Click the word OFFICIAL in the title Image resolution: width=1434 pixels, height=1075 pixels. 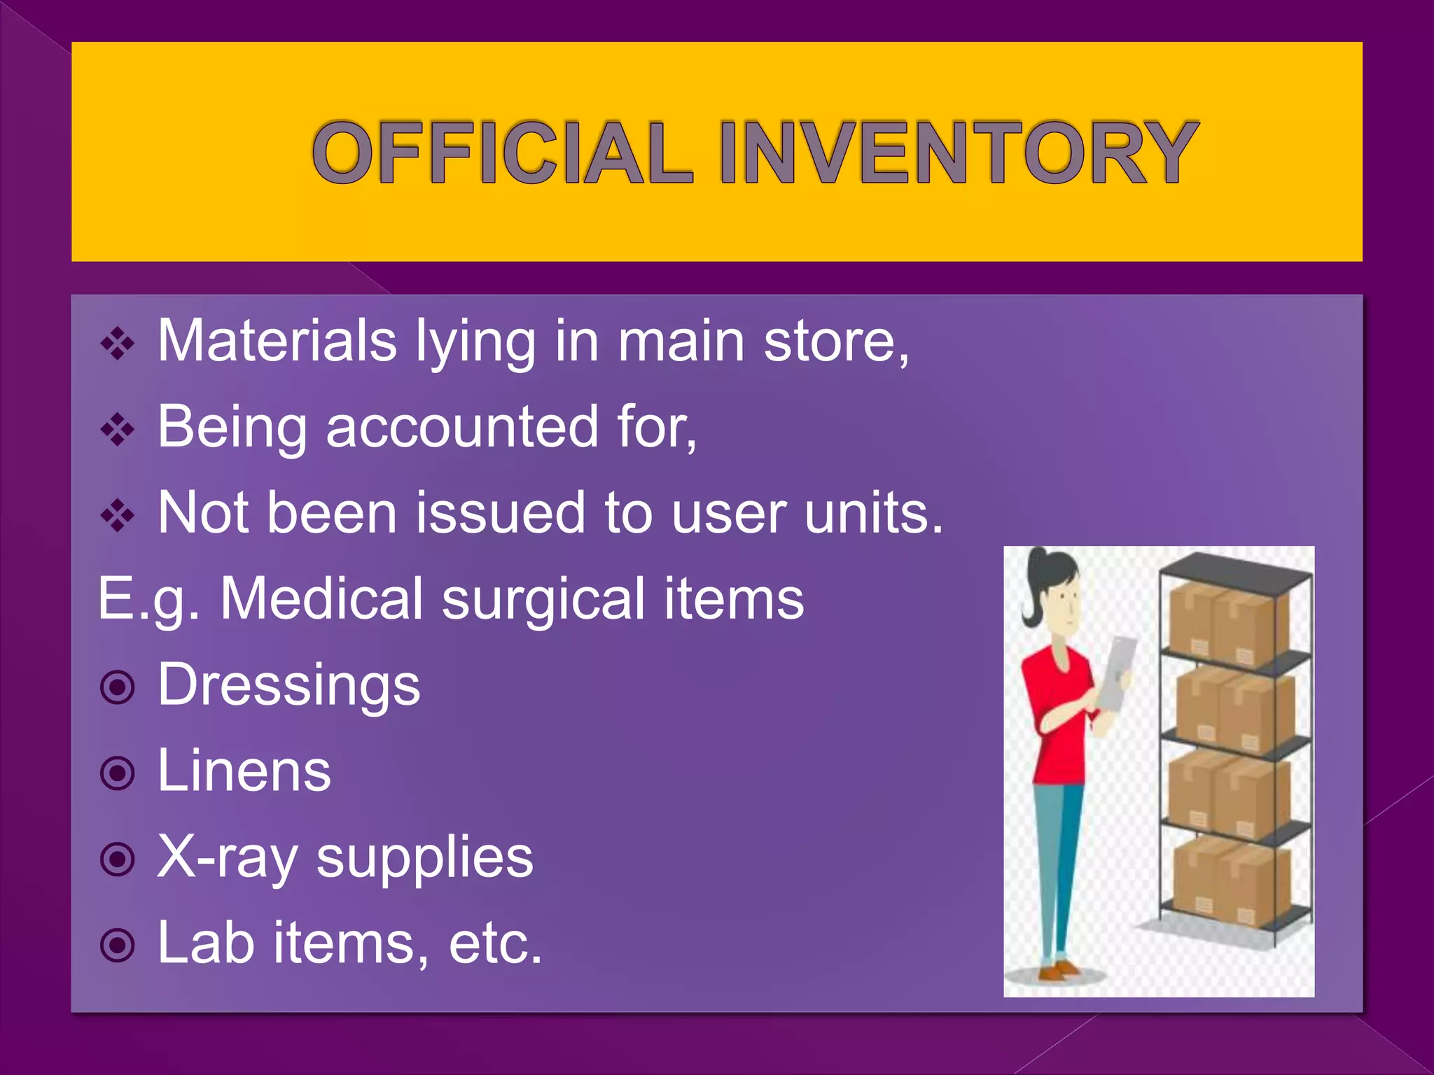502,153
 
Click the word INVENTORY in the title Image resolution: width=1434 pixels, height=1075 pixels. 958,153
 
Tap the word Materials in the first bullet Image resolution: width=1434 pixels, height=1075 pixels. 277,341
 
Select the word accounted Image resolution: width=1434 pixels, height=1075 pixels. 462,427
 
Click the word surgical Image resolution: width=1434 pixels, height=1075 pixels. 543,599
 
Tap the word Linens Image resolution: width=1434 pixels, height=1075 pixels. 244,771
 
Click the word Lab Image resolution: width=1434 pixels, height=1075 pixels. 205,943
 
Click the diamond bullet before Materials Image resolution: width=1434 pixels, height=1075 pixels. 118,344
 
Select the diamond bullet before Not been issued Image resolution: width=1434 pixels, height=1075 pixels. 118,516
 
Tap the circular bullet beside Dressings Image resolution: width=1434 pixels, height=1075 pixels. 117,687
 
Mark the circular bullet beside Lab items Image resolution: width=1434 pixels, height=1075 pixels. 117,946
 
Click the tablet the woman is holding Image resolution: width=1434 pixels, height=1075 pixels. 1116,672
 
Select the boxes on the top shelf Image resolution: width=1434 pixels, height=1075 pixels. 1229,623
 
